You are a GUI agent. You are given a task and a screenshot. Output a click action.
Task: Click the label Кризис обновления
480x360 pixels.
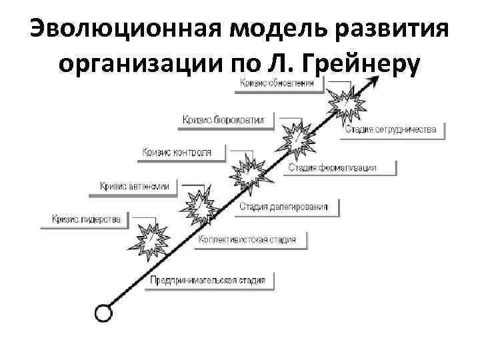click(279, 83)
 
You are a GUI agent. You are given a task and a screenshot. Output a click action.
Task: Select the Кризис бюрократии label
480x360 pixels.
click(223, 119)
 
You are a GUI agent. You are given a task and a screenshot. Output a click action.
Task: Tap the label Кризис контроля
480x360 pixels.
click(177, 153)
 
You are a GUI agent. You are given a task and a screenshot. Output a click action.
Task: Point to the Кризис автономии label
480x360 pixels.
click(134, 186)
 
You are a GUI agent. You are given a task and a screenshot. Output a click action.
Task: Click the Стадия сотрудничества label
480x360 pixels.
click(391, 129)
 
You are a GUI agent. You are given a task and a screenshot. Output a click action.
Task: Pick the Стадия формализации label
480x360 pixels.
click(333, 167)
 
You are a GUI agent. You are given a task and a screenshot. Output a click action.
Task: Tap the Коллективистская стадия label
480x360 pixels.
click(247, 240)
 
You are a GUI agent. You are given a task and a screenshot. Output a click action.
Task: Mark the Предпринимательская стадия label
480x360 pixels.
click(208, 280)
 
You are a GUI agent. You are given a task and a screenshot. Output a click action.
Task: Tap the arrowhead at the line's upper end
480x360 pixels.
click(375, 81)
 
